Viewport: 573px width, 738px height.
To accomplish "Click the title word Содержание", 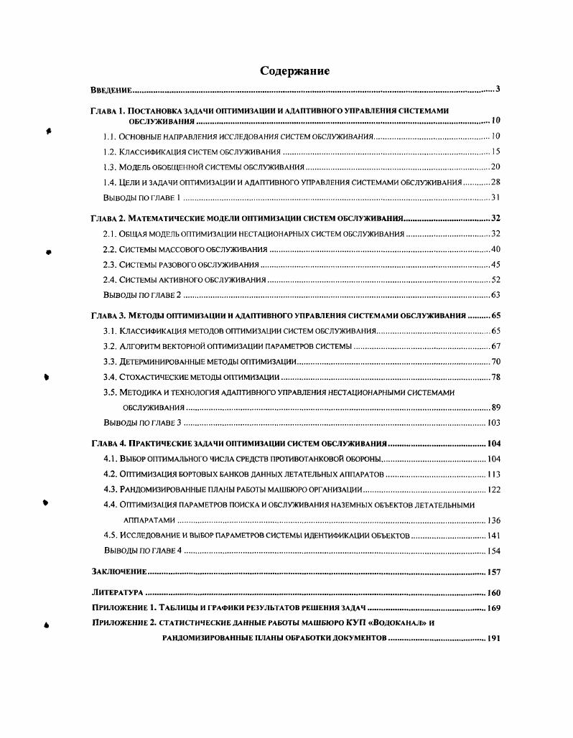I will pyautogui.click(x=294, y=71).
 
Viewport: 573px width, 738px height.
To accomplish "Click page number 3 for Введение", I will pyautogui.click(x=497, y=90).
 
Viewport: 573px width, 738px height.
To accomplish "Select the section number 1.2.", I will pyautogui.click(x=110, y=151).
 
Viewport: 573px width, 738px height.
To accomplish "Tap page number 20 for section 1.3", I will pyautogui.click(x=495, y=167).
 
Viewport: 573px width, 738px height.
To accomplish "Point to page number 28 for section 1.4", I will pyautogui.click(x=495, y=182).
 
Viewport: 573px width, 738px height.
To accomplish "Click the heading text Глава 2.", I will pyautogui.click(x=108, y=218).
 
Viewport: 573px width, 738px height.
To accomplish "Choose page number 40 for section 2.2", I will pyautogui.click(x=495, y=249).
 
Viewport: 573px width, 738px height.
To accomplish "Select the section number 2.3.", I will pyautogui.click(x=110, y=265).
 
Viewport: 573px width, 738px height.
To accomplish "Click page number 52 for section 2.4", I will pyautogui.click(x=495, y=280).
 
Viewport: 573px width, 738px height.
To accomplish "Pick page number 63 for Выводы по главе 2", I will pyautogui.click(x=495, y=295).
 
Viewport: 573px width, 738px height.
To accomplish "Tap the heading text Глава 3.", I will pyautogui.click(x=108, y=315).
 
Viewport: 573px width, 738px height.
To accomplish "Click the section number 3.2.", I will pyautogui.click(x=110, y=346).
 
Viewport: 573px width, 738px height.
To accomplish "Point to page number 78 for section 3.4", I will pyautogui.click(x=495, y=377).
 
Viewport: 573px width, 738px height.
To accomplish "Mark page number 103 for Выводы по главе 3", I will pyautogui.click(x=493, y=422).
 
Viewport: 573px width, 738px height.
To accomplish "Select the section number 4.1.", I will pyautogui.click(x=110, y=459).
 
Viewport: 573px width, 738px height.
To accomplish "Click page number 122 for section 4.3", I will pyautogui.click(x=493, y=490).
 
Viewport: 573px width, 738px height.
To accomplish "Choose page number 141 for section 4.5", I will pyautogui.click(x=493, y=536).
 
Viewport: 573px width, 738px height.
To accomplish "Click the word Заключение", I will pyautogui.click(x=119, y=571).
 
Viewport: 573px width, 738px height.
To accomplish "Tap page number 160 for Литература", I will pyautogui.click(x=493, y=593).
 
